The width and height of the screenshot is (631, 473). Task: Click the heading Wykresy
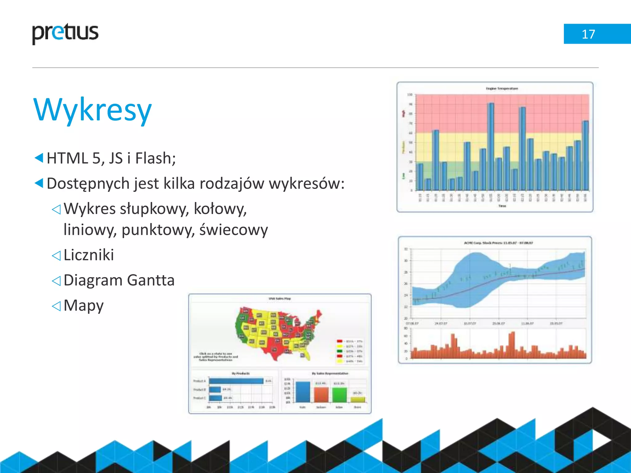click(92, 110)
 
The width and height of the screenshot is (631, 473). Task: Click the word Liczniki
click(89, 255)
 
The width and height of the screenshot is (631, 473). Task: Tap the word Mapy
click(83, 305)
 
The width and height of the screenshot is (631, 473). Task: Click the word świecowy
click(234, 230)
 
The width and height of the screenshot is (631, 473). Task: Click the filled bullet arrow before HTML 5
click(39, 158)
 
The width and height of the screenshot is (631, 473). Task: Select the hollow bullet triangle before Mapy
click(56, 306)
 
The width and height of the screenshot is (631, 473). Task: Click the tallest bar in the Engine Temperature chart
click(491, 146)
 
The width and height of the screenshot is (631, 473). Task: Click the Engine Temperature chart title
click(502, 88)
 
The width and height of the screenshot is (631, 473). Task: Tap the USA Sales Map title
click(279, 298)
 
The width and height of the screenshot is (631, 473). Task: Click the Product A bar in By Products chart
click(236, 381)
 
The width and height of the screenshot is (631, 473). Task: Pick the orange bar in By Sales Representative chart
click(321, 394)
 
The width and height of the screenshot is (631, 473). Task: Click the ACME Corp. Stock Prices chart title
click(498, 243)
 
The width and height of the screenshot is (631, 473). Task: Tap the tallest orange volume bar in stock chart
click(512, 345)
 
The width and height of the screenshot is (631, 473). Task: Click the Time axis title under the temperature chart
click(502, 206)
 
